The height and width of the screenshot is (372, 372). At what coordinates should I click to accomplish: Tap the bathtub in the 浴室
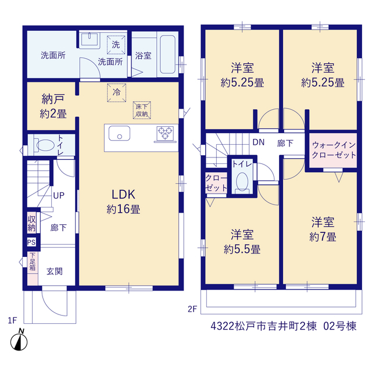click(x=168, y=54)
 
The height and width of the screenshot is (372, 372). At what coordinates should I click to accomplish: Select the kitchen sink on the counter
click(x=119, y=133)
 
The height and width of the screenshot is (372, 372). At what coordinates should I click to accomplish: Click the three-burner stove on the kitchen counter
click(x=165, y=134)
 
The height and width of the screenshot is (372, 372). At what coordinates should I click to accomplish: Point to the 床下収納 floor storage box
click(x=142, y=110)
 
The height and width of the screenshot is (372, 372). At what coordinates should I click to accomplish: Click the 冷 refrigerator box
click(x=116, y=92)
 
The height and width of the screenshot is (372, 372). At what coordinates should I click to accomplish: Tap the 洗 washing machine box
click(x=116, y=45)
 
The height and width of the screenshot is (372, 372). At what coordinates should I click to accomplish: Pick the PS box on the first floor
click(x=31, y=242)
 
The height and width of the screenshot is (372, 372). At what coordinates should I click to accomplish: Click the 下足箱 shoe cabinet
click(x=33, y=269)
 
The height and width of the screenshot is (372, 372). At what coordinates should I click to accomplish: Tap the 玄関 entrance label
click(x=55, y=271)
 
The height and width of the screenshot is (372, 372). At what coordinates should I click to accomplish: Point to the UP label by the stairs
click(x=59, y=195)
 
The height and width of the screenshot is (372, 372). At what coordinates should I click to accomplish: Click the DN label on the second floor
click(x=258, y=142)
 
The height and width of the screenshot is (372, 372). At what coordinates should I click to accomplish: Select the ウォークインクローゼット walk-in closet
click(x=333, y=150)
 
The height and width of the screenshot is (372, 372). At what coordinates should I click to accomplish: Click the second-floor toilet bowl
click(x=242, y=183)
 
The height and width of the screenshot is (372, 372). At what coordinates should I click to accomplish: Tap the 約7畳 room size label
click(x=323, y=237)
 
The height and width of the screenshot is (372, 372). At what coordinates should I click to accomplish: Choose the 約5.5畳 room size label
click(x=242, y=249)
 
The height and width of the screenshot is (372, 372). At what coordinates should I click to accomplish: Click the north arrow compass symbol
click(x=19, y=340)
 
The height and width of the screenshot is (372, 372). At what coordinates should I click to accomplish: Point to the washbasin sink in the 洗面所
click(x=90, y=39)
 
